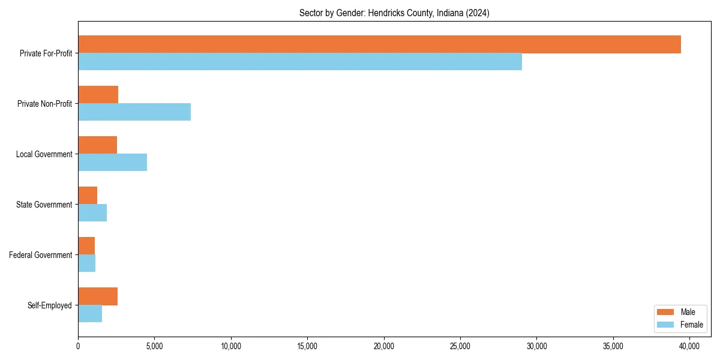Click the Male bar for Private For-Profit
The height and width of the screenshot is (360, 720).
coord(379,44)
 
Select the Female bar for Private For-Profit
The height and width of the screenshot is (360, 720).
coord(300,62)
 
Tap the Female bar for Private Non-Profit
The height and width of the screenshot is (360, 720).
coord(134,112)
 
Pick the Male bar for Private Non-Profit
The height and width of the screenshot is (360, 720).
coord(98,95)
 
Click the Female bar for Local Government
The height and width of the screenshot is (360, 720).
coord(112,163)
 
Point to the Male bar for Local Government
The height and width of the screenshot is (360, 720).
coord(97,145)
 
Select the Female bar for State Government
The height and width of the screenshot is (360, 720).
coord(92,213)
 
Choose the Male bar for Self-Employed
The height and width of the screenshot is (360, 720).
coord(98,296)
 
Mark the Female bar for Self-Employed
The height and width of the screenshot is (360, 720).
coord(90,314)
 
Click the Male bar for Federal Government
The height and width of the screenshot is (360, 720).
coord(86,246)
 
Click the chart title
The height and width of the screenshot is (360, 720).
coord(394,13)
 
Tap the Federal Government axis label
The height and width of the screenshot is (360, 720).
coord(41,255)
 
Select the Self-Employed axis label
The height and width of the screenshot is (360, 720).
coord(50,305)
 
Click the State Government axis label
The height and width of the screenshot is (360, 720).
coord(44,205)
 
